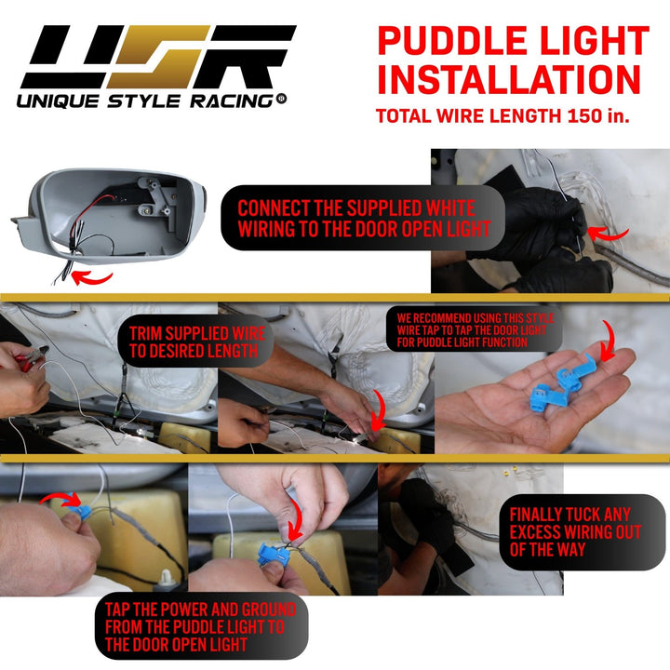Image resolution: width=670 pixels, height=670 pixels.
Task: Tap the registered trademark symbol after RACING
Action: click(x=281, y=99)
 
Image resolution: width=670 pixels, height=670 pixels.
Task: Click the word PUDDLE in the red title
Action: click(x=452, y=41)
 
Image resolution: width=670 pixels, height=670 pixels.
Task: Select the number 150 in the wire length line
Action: click(x=584, y=115)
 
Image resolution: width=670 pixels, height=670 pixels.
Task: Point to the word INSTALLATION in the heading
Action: click(x=509, y=79)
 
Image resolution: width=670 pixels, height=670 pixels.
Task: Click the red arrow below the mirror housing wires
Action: click(x=91, y=277)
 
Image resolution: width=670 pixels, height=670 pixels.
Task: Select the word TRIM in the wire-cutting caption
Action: click(x=147, y=334)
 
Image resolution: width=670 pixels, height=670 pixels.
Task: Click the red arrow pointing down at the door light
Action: click(x=379, y=409)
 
